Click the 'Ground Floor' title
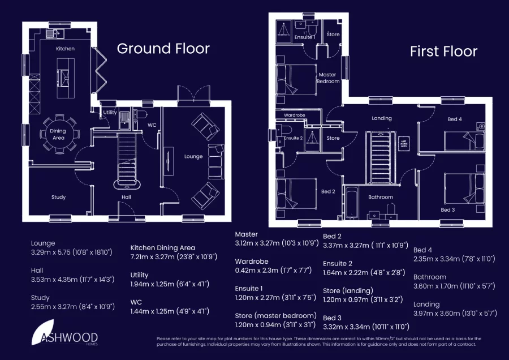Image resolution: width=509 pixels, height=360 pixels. coord(163,49)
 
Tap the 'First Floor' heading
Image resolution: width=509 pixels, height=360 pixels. coord(443,52)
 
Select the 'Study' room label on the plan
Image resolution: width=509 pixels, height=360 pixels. coord(58,198)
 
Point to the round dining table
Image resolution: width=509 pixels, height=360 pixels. coord(58,134)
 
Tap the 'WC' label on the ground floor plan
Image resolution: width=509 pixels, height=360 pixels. coord(152,125)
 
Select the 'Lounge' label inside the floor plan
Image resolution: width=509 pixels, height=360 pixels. coord(193,156)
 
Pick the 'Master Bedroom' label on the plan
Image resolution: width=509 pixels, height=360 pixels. coord(327,78)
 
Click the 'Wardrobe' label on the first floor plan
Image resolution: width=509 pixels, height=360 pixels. coord(294,115)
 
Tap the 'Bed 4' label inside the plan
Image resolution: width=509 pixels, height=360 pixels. coord(455,119)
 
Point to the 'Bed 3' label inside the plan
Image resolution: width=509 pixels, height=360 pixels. coord(447,210)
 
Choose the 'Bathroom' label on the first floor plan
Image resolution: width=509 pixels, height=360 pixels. coord(381,198)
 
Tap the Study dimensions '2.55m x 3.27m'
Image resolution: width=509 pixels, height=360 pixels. coord(73,307)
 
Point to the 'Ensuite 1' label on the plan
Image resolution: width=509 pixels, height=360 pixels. coord(305,37)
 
